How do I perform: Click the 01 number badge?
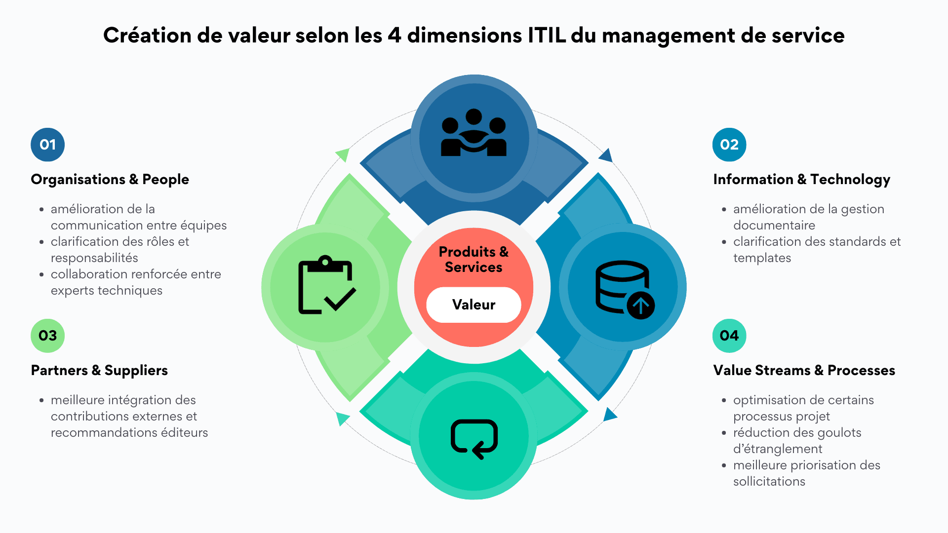48,145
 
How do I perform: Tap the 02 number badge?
729,145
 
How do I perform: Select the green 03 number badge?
48,336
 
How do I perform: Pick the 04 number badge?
729,336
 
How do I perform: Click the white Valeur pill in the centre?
474,305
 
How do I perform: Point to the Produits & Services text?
474,259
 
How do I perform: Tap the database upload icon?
624,289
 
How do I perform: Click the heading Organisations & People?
110,179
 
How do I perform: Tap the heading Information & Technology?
801,179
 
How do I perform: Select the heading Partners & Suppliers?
99,370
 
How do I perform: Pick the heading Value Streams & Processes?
804,370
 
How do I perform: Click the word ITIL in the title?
547,36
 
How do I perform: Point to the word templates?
762,258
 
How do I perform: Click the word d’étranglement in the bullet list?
778,449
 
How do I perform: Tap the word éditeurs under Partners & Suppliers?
185,433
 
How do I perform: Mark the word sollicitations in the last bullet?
769,482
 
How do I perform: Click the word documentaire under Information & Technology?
774,226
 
